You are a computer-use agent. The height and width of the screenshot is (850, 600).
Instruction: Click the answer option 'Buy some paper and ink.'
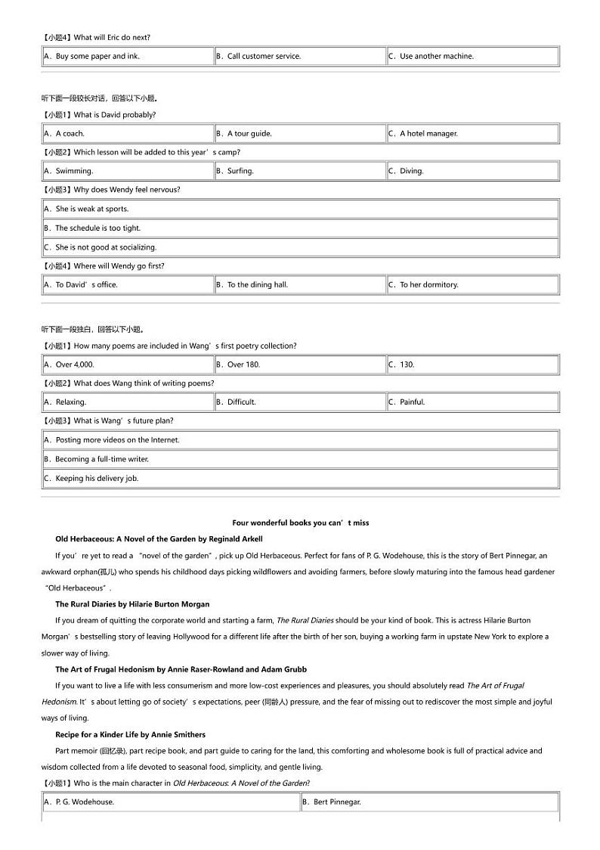click(x=97, y=56)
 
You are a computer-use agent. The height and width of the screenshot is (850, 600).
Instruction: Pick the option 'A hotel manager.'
click(x=428, y=134)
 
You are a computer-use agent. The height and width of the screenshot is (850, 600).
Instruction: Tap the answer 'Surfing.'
click(x=240, y=171)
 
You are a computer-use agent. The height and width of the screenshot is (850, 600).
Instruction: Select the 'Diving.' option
click(x=411, y=171)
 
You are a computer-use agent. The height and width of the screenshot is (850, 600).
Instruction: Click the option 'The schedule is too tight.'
click(x=97, y=228)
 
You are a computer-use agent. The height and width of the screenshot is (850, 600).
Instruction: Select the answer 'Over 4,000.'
click(x=75, y=365)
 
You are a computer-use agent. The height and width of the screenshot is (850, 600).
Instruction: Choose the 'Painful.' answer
click(x=412, y=402)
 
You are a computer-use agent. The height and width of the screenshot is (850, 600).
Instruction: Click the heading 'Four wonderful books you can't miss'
click(x=300, y=523)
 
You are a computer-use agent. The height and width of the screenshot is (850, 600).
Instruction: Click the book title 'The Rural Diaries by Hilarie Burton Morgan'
click(x=132, y=604)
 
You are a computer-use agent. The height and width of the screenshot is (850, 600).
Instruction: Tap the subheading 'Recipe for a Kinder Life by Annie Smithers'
click(x=130, y=734)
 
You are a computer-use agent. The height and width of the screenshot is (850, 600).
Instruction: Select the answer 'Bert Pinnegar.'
click(x=337, y=802)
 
